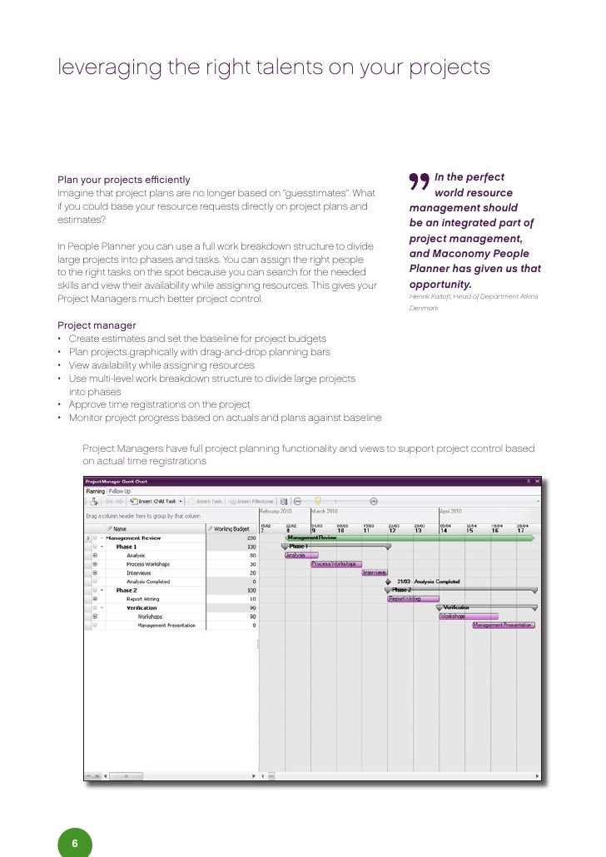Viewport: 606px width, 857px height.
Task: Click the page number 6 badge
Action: tap(74, 843)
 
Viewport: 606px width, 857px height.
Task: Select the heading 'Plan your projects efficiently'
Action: tap(124, 180)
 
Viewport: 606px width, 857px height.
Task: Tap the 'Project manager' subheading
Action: tap(97, 325)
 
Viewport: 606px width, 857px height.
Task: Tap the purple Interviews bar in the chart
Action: tap(374, 572)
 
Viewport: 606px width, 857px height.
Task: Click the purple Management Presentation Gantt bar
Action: tap(504, 625)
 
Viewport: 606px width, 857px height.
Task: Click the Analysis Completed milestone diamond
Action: tap(388, 582)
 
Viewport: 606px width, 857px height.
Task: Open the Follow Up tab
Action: tap(120, 492)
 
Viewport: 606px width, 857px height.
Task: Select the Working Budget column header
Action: tap(231, 528)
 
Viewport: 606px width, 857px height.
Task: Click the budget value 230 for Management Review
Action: tap(251, 538)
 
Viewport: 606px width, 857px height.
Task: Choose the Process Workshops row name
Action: tap(145, 564)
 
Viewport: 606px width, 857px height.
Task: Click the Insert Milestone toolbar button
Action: tap(253, 502)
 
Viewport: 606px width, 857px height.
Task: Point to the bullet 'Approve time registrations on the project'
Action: tap(159, 404)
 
